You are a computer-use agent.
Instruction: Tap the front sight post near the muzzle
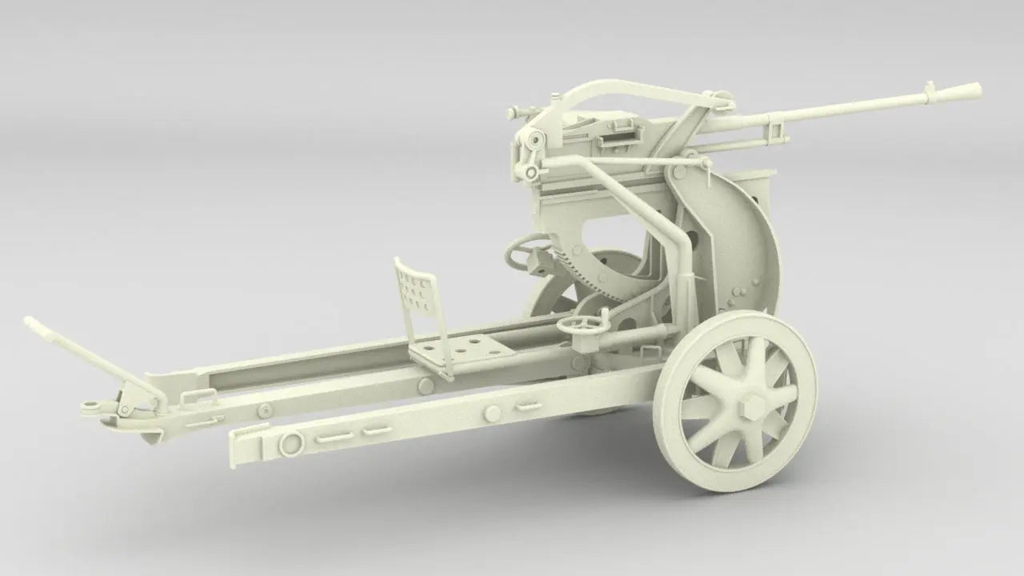point(930,88)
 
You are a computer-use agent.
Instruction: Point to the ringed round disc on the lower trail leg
point(291,440)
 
